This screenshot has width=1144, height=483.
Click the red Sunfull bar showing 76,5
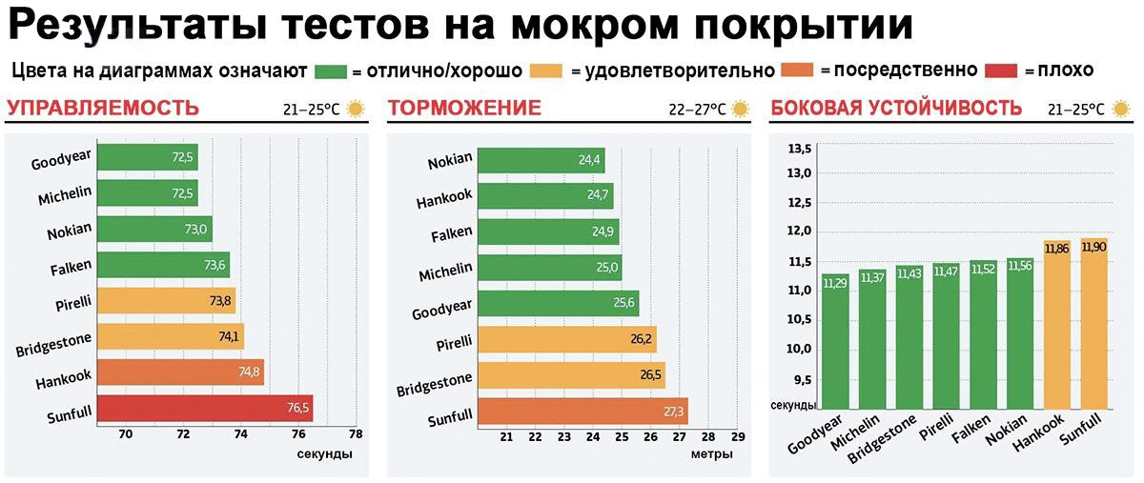204,409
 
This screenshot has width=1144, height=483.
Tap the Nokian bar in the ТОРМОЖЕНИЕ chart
541,160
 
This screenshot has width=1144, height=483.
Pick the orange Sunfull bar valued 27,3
582,412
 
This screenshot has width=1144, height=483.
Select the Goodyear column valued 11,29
835,352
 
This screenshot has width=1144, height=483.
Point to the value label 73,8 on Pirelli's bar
220,301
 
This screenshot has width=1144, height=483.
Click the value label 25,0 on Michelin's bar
607,268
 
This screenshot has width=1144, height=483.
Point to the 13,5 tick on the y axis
799,149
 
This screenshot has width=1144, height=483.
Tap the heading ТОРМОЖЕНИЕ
464,108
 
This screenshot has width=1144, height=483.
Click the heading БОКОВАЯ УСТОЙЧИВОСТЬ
895,108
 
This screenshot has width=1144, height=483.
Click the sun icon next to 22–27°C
738,109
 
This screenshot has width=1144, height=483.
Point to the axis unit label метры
711,454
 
